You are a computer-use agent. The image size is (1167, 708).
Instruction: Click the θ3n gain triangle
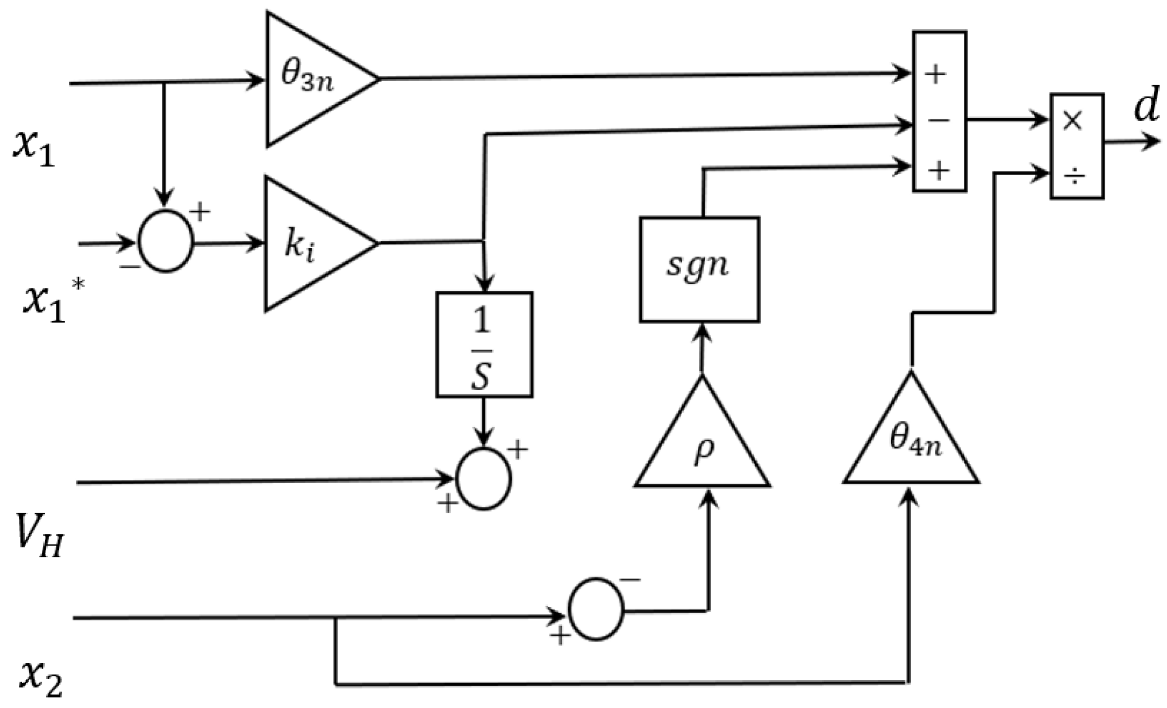coord(311,79)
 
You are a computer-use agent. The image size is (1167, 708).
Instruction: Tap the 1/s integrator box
coord(484,345)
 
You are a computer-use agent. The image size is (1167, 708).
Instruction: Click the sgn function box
coord(699,269)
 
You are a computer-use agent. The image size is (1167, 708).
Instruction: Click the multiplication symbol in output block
coord(1073,120)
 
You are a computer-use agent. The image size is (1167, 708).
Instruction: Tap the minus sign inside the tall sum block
coord(938,121)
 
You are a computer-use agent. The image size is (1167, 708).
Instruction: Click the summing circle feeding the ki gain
coord(166,242)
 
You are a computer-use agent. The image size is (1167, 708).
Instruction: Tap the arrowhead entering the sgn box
coord(701,333)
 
